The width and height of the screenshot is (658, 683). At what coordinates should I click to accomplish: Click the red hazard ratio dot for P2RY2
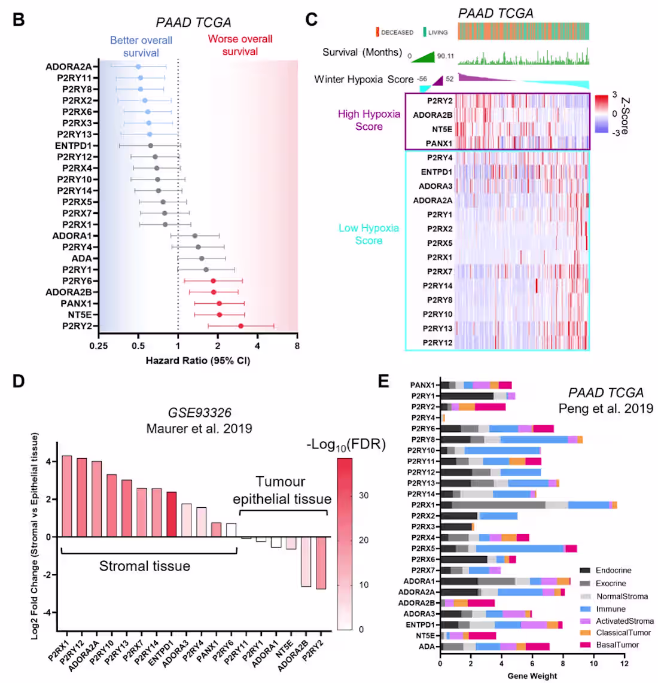click(240, 326)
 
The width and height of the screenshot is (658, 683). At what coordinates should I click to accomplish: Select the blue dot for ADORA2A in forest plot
click(138, 67)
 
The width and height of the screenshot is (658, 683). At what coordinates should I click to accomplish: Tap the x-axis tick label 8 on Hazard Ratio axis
click(297, 346)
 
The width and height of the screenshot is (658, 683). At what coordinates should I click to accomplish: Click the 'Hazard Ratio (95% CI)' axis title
click(198, 361)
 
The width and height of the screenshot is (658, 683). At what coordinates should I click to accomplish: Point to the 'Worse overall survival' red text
click(240, 45)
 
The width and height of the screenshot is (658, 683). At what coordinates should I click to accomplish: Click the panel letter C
click(311, 20)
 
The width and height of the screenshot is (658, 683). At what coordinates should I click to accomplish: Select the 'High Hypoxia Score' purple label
click(368, 120)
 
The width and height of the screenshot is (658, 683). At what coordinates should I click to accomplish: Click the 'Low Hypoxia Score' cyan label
click(368, 234)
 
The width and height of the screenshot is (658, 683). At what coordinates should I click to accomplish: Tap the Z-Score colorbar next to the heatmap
click(601, 114)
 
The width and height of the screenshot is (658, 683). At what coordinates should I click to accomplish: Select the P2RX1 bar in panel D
click(67, 496)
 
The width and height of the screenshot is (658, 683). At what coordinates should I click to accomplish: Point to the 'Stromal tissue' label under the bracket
click(145, 566)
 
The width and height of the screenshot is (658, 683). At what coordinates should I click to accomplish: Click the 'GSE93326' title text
click(199, 413)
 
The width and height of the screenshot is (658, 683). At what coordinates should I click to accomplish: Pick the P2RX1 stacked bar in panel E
click(528, 505)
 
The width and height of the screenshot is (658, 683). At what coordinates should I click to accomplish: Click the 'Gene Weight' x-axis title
click(532, 676)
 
